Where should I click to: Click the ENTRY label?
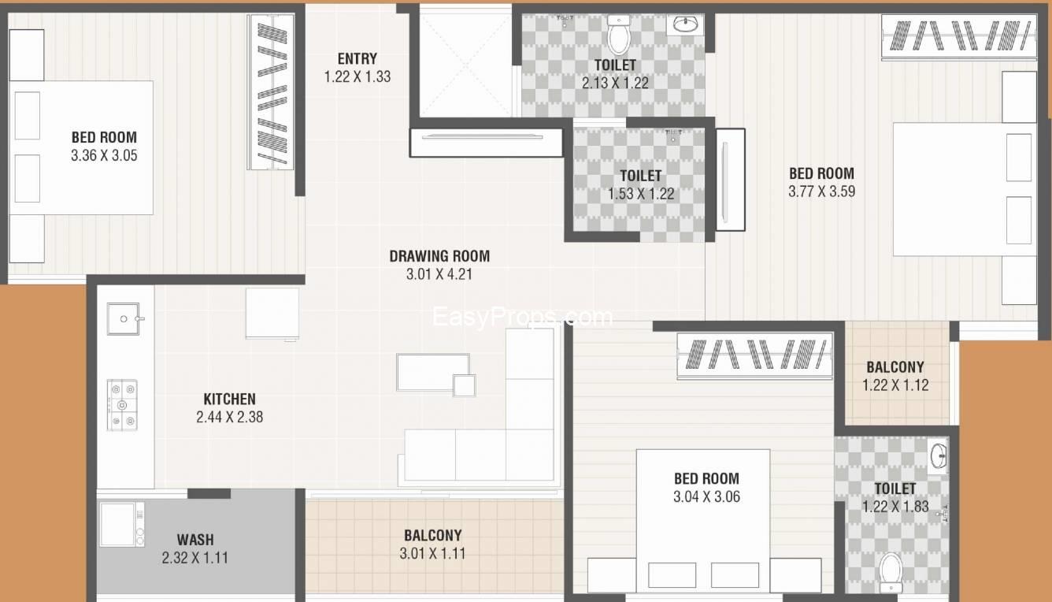[x=357, y=59]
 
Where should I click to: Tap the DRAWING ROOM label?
[x=439, y=256]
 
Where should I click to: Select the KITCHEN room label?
[x=230, y=399]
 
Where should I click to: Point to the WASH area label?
[x=195, y=540]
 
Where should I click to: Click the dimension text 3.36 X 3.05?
[x=104, y=155]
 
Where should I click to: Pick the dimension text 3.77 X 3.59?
[x=822, y=191]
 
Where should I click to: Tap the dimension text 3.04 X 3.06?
[x=707, y=496]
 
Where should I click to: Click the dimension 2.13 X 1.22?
[x=615, y=84]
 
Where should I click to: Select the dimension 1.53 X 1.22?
[x=641, y=194]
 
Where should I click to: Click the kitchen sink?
[x=124, y=318]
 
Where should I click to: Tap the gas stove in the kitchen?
[x=122, y=405]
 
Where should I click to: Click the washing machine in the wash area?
[x=121, y=524]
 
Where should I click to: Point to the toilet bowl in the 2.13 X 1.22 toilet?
[x=618, y=35]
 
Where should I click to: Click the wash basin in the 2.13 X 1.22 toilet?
[x=685, y=24]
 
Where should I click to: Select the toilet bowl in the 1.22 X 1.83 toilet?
[x=891, y=573]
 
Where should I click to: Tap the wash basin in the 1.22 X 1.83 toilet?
[x=939, y=455]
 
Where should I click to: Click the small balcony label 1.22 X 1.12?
[x=895, y=385]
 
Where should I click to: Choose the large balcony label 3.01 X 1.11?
[x=432, y=553]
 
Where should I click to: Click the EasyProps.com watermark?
[x=523, y=317]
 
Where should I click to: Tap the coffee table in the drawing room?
[x=433, y=372]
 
